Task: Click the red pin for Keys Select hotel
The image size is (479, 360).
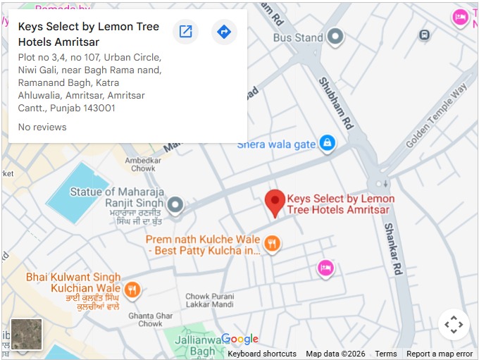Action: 275,202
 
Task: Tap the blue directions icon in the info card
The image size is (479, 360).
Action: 224,32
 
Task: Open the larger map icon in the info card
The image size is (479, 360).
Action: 185,32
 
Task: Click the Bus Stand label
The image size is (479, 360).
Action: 298,37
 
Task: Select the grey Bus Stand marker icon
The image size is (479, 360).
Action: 336,36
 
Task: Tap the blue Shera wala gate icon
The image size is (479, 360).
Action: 326,144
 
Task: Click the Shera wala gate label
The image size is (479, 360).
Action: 276,144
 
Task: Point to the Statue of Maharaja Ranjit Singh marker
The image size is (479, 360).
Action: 175,205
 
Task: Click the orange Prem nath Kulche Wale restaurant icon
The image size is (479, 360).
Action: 272,244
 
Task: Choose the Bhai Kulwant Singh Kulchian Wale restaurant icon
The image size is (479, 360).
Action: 132,290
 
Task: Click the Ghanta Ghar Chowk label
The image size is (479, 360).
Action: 150,320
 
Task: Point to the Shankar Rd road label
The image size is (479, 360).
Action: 392,249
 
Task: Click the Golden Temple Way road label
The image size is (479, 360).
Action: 437,116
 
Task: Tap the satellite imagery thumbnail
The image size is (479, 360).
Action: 27,334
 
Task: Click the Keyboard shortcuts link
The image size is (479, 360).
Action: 261,354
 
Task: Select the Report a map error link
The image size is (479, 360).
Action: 440,354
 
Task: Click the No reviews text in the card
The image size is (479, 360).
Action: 42,127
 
